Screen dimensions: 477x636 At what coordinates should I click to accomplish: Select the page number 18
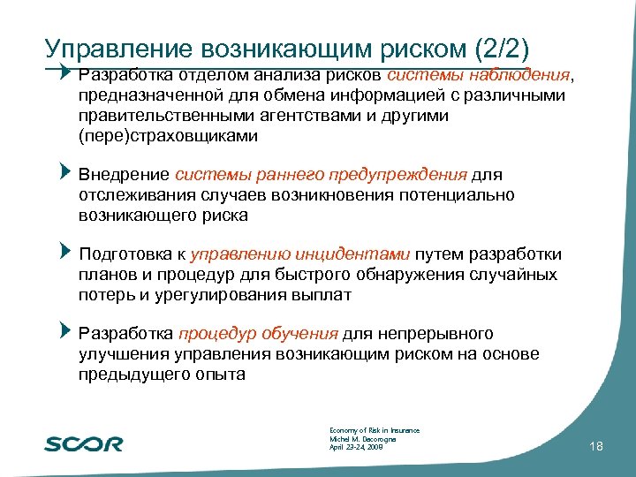pyautogui.click(x=595, y=448)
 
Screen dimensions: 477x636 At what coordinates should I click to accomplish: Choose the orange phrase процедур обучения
pyautogui.click(x=258, y=334)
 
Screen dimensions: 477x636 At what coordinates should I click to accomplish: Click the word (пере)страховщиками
pyautogui.click(x=168, y=136)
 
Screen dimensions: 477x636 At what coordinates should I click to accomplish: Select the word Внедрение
pyautogui.click(x=125, y=175)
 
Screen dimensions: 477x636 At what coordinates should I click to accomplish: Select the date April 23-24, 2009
pyautogui.click(x=356, y=448)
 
